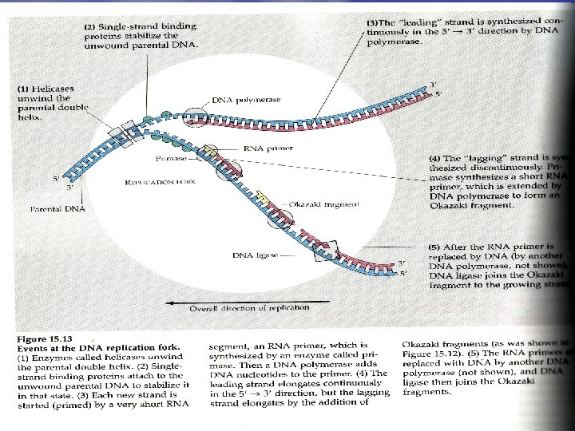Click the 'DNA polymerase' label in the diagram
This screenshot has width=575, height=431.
pos(242,100)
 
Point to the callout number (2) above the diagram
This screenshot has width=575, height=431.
pos(91,26)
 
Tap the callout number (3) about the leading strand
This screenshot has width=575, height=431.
pos(371,22)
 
